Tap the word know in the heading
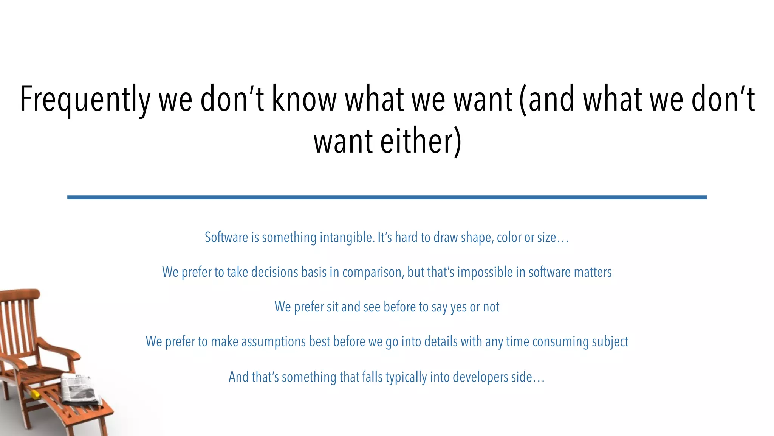click(x=304, y=99)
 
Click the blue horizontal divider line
click(x=387, y=197)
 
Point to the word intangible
click(x=347, y=238)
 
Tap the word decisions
click(x=275, y=272)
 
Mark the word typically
click(x=406, y=377)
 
